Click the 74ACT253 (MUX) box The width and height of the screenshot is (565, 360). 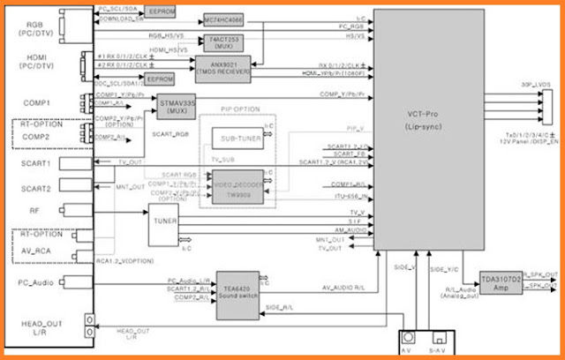223,42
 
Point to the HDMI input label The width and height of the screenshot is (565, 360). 36,59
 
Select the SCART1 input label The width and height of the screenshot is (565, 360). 36,164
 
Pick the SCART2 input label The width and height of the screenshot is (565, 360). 36,187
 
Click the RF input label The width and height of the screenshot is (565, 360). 36,210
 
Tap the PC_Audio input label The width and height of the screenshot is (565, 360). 36,283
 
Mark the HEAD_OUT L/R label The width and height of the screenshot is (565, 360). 36,329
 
